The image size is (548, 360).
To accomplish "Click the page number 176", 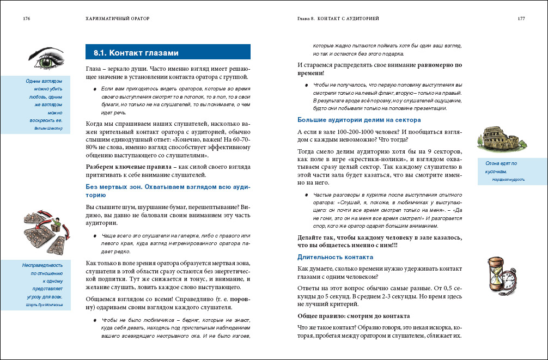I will click(x=26, y=19).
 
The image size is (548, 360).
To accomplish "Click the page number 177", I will click(x=521, y=19).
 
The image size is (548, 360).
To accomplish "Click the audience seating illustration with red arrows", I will click(x=46, y=232).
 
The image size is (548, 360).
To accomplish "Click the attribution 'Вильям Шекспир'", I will click(x=48, y=129).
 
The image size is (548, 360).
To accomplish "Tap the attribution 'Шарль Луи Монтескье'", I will click(x=44, y=305).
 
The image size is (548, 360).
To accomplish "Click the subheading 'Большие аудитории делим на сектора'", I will click(x=358, y=120).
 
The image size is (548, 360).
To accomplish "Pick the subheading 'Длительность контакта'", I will click(x=335, y=257).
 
